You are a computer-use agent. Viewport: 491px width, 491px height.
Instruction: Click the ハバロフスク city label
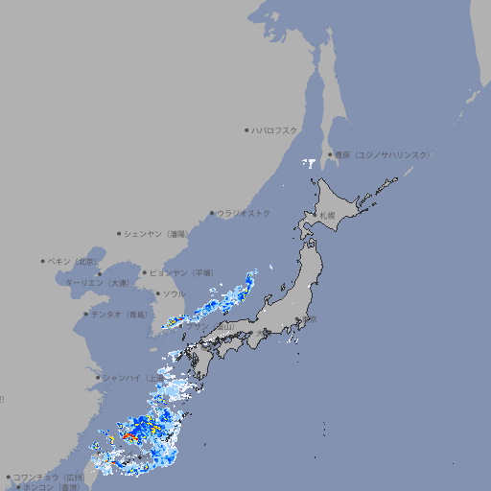coord(274,129)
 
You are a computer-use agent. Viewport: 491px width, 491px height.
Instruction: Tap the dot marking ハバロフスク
coord(246,129)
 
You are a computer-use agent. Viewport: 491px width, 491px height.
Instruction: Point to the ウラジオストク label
coord(244,213)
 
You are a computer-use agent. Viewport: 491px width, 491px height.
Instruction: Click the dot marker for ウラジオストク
coord(212,214)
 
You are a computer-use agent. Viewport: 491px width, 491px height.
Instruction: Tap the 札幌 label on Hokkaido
coord(327,215)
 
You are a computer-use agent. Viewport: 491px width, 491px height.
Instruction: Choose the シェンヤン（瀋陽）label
coord(155,233)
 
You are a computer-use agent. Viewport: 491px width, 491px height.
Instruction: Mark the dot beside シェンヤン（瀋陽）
coord(119,233)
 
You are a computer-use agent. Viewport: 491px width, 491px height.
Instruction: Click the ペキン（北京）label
coord(73,261)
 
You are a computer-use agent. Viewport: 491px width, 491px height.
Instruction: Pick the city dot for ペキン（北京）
coord(43,261)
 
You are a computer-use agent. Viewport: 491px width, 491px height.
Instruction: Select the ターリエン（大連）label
coord(97,283)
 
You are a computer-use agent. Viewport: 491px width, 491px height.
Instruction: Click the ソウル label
coord(174,293)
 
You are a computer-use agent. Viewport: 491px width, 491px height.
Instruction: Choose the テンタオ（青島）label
coord(119,314)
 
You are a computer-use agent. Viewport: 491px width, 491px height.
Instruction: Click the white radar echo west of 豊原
coord(309,163)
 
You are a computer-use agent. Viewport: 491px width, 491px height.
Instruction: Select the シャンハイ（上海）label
coord(134,378)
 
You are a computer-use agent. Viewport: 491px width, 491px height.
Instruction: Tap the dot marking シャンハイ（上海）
coord(98,378)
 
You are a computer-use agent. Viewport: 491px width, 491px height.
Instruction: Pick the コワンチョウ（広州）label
coord(49,477)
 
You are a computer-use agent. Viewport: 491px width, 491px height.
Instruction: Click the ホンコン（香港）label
coord(52,487)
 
